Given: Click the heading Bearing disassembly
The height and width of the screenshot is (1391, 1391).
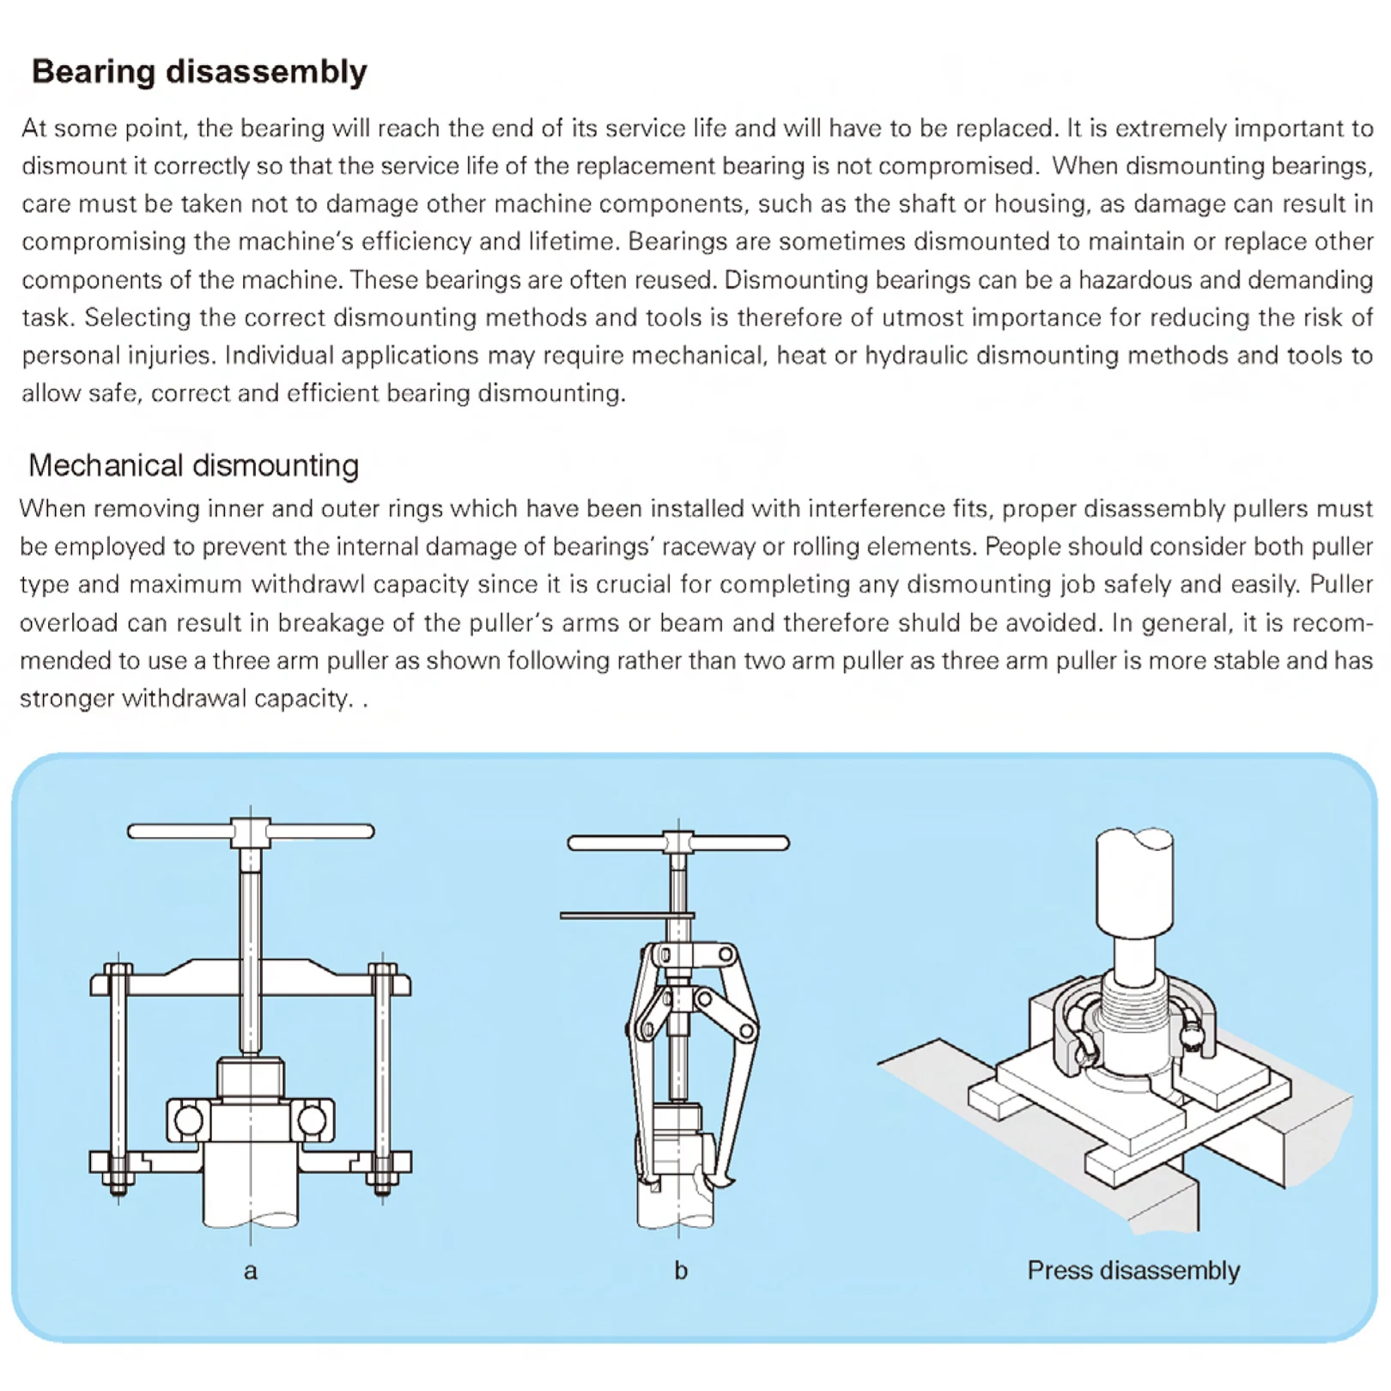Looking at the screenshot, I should pyautogui.click(x=199, y=71).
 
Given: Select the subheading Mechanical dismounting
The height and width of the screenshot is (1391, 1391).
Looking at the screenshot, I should pyautogui.click(x=193, y=465).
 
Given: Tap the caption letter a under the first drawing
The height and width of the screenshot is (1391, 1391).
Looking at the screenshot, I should pyautogui.click(x=250, y=1271).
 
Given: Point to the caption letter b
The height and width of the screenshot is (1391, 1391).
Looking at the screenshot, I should pyautogui.click(x=680, y=1271).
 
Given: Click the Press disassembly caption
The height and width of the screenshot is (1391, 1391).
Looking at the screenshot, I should pyautogui.click(x=1133, y=1270).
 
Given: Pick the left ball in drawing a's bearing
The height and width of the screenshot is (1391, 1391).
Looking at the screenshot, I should pyautogui.click(x=188, y=1120).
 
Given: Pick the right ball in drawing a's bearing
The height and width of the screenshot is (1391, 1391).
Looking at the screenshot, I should pyautogui.click(x=312, y=1120).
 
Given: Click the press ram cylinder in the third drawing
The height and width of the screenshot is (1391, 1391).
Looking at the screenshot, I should pyautogui.click(x=1134, y=884).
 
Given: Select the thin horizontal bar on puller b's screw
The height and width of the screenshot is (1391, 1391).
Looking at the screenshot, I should pyautogui.click(x=614, y=916).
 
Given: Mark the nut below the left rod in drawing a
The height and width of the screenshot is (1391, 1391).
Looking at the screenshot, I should pyautogui.click(x=118, y=1188).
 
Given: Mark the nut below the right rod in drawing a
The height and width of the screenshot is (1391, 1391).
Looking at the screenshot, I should pyautogui.click(x=383, y=1188).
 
